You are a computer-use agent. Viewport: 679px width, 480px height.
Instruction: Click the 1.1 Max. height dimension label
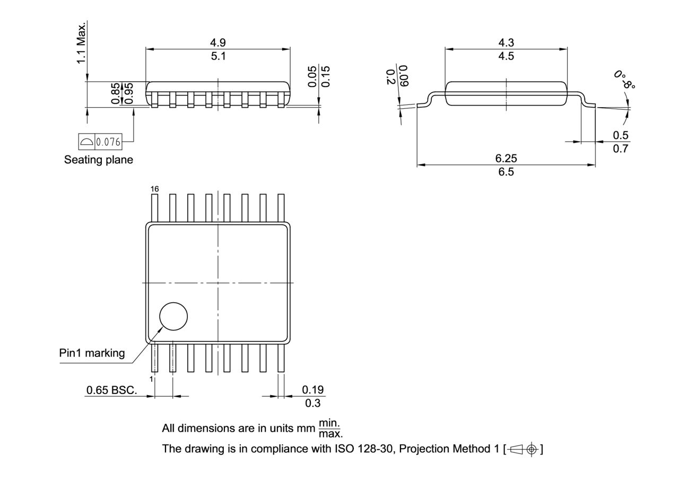pos(81,43)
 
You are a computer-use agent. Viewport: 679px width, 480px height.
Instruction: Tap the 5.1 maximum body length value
pos(218,56)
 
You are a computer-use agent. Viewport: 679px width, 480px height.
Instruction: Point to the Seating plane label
pos(99,160)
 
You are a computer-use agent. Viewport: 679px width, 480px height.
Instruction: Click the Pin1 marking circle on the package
pos(173,317)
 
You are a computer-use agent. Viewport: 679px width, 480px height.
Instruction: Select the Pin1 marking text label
pos(92,353)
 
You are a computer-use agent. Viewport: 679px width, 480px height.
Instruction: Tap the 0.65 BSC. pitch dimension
pos(111,390)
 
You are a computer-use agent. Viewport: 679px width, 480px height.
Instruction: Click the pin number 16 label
pos(154,189)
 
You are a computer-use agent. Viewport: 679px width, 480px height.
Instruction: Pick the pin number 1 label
pos(151,379)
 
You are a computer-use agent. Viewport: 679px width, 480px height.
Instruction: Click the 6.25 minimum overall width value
pos(506,158)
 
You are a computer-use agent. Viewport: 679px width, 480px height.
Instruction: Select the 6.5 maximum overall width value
pos(506,172)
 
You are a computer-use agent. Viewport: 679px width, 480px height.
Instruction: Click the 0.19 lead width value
pos(313,390)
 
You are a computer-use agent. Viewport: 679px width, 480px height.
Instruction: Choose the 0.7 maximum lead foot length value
pos(620,149)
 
